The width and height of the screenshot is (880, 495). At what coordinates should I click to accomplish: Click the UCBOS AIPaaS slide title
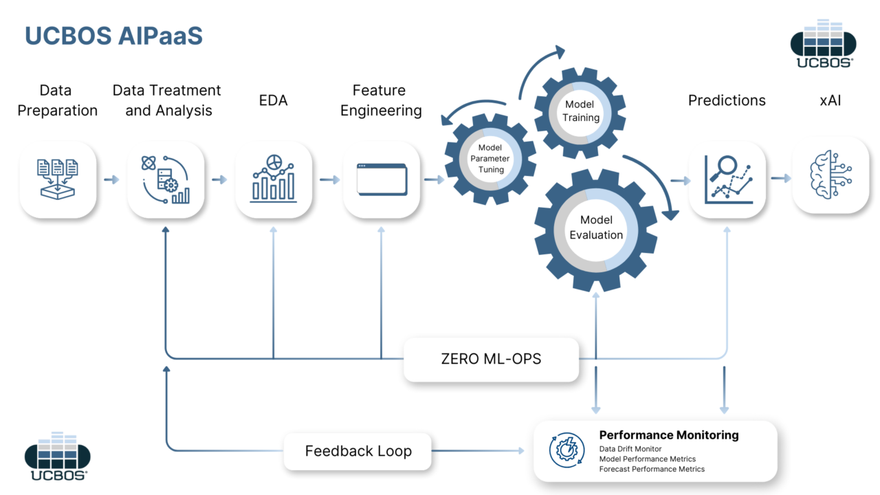(113, 36)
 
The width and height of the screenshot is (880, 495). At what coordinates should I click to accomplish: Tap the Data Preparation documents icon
(58, 179)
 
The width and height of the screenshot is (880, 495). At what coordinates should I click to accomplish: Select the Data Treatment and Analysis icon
(166, 179)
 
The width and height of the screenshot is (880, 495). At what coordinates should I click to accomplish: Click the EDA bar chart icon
(274, 179)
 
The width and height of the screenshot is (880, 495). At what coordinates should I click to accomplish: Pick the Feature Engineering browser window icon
(382, 179)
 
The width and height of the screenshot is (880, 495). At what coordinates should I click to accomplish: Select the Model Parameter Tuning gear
(490, 159)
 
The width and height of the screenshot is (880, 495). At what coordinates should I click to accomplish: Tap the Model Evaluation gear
(595, 228)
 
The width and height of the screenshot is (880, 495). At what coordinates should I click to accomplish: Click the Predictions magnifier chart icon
(727, 179)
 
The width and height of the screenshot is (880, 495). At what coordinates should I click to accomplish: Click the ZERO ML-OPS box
(491, 359)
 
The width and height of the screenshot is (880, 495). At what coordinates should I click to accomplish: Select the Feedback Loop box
(358, 451)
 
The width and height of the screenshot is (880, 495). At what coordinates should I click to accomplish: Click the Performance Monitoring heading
(668, 435)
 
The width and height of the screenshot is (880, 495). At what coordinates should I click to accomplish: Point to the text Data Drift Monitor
(630, 449)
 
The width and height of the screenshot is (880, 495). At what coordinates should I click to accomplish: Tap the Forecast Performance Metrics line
(651, 469)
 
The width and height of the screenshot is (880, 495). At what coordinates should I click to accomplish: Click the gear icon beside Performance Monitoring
(566, 450)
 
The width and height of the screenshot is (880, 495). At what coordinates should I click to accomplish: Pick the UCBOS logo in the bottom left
(58, 456)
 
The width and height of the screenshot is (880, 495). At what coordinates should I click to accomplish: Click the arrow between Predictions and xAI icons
(780, 179)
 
